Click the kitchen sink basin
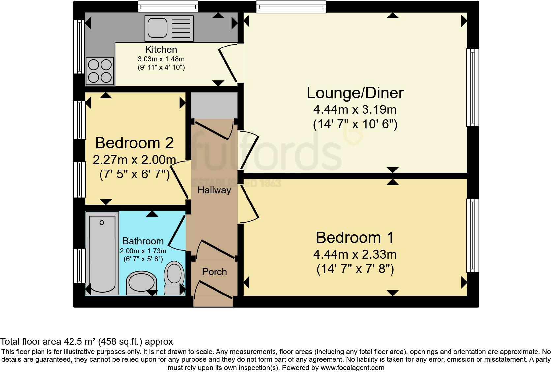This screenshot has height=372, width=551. [158, 28]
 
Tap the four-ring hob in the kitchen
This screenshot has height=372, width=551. [100, 71]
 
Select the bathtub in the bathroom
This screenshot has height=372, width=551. [102, 253]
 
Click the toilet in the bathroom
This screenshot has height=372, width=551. [174, 278]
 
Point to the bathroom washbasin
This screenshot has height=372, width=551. [141, 283]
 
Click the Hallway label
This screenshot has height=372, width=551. [214, 190]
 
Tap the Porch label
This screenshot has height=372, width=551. [215, 272]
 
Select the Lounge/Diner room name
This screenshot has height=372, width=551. [355, 93]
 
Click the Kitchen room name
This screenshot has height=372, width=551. [161, 49]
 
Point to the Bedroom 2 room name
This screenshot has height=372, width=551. [134, 143]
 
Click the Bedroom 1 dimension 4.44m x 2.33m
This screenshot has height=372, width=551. [355, 255]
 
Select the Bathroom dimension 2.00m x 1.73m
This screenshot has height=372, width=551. [143, 251]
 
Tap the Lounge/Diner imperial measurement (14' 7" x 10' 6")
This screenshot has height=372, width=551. [355, 124]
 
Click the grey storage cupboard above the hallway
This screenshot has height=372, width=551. [214, 106]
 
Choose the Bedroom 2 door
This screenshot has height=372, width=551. [179, 179]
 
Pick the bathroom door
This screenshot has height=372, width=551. [177, 232]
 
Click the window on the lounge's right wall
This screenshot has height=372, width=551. [473, 88]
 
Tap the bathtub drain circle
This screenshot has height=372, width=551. [101, 223]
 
